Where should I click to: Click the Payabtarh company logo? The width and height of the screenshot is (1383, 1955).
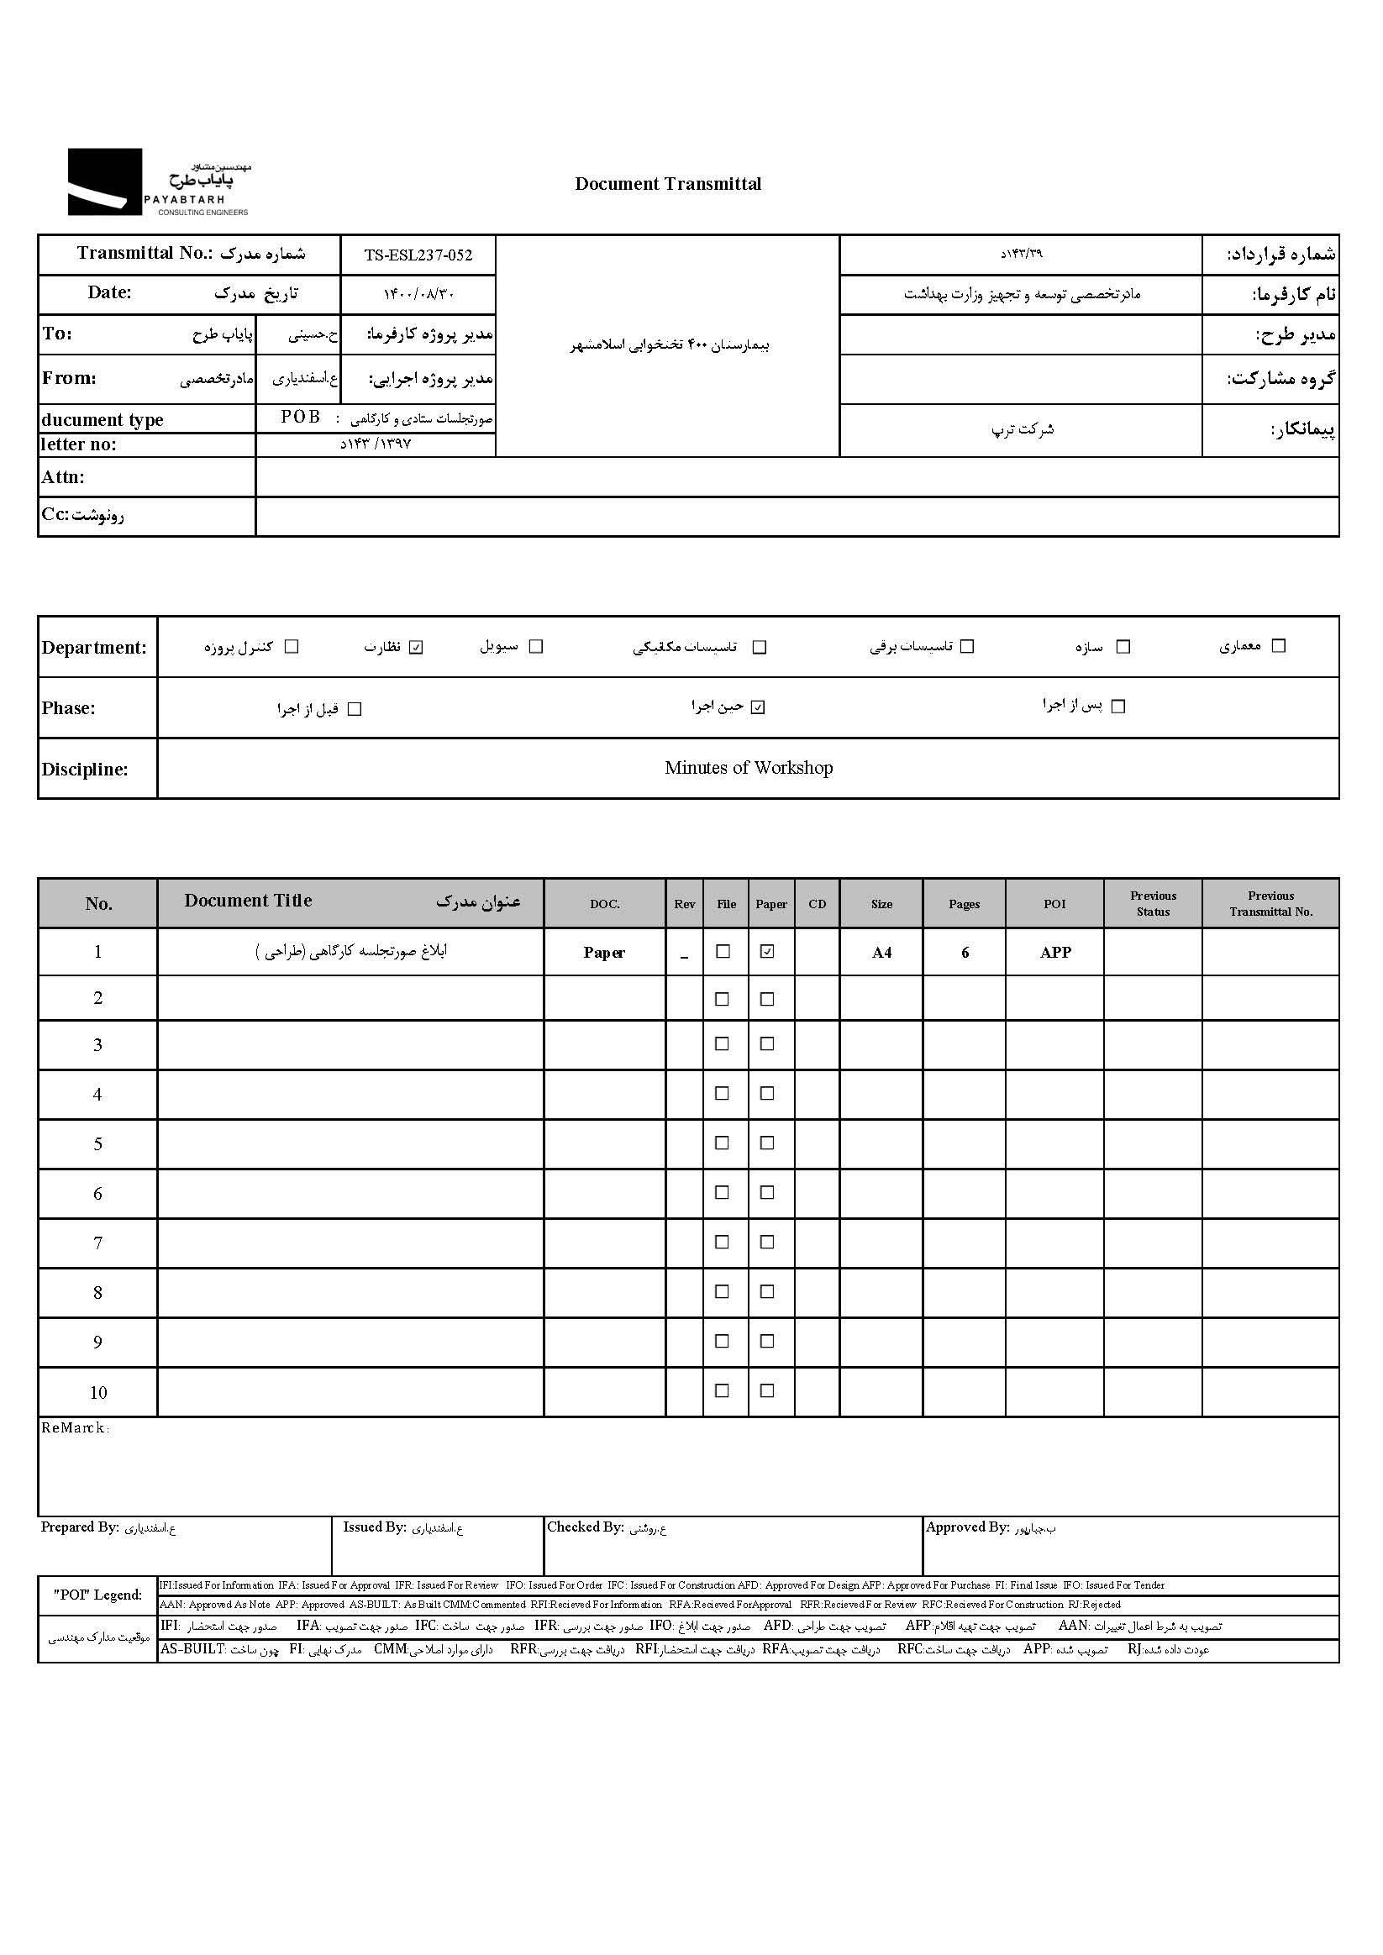tap(159, 181)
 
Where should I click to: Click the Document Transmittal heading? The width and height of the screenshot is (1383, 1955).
tap(668, 184)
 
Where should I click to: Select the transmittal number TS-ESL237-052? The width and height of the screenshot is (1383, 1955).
tap(418, 255)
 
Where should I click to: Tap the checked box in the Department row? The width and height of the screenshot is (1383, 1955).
tap(416, 647)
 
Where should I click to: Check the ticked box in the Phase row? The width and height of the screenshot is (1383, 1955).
tap(758, 707)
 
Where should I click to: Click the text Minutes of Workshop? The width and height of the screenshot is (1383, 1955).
tap(748, 768)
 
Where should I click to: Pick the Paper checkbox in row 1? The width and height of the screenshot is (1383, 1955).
tap(767, 951)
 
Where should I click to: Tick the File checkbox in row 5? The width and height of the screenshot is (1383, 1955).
tap(722, 1143)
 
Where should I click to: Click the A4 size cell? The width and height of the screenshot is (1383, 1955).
tap(881, 953)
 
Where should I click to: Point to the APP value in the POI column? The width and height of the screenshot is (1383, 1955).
tap(1054, 953)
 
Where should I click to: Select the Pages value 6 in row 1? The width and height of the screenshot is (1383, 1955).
tap(965, 953)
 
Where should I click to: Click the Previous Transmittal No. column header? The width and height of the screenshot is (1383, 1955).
tap(1270, 903)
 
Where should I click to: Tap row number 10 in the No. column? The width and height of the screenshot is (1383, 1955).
tap(98, 1392)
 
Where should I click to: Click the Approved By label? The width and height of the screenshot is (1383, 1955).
tap(966, 1527)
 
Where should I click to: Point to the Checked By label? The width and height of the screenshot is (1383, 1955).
tap(585, 1527)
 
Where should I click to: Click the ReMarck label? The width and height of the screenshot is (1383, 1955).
tap(75, 1428)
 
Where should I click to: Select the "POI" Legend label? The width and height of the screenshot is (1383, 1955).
tap(98, 1595)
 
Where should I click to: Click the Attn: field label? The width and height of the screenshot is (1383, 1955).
tap(63, 477)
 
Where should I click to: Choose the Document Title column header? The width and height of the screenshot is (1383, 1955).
tap(248, 901)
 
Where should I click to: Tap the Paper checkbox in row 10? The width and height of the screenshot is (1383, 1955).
tap(767, 1390)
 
